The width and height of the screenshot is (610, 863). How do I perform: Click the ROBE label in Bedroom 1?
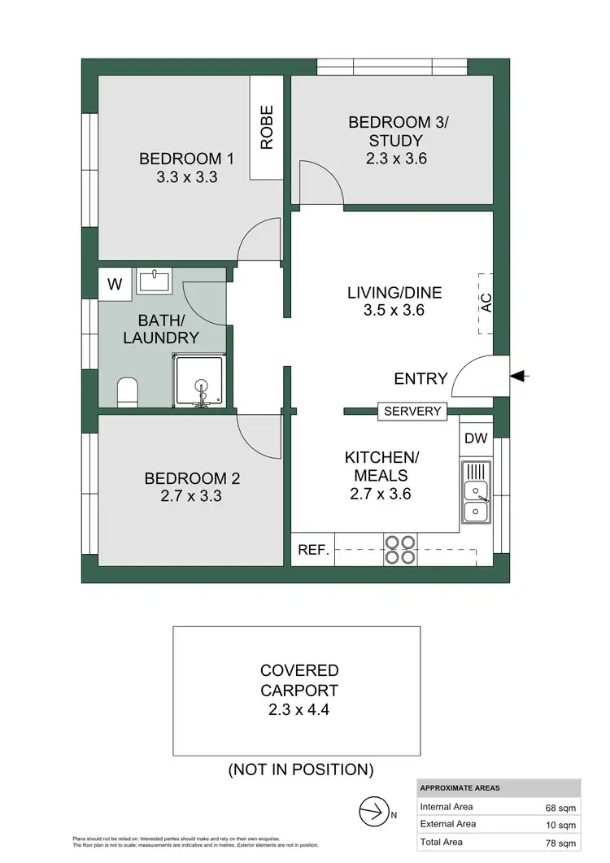266,128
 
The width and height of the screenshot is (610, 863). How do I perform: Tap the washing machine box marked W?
115,284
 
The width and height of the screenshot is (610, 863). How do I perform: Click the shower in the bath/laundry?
197,380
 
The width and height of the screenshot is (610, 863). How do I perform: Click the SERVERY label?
412,412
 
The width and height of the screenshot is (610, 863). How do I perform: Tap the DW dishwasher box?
476,438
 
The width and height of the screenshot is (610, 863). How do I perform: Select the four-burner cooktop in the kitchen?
399,549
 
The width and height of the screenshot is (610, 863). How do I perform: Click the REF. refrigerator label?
312,550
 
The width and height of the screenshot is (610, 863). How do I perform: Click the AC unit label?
486,303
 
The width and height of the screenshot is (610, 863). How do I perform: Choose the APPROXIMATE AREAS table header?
460,788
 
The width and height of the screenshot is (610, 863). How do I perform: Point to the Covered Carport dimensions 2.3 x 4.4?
298,708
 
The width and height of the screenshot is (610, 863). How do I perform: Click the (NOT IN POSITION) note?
300,769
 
